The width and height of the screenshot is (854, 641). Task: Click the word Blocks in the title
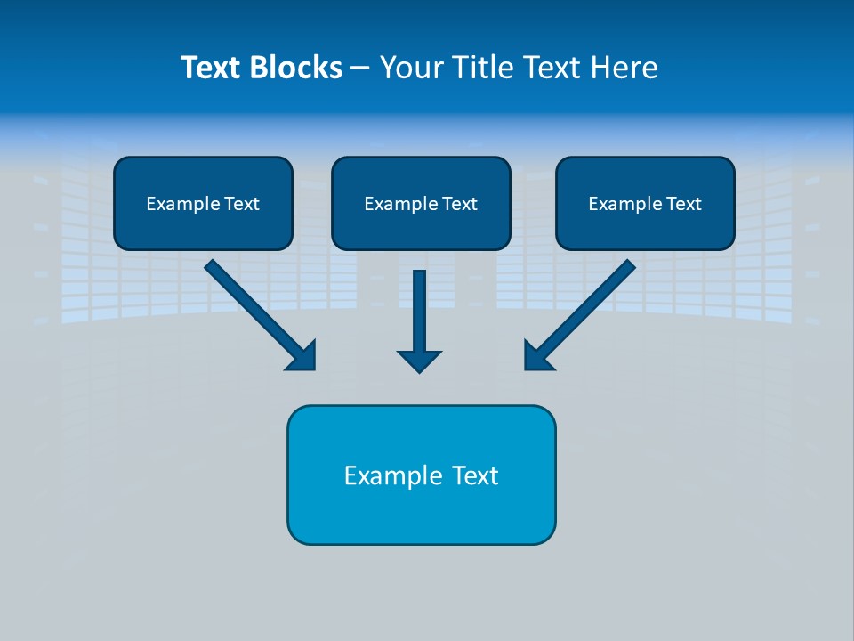[x=295, y=68]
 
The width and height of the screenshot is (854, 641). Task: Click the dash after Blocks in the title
[x=360, y=69]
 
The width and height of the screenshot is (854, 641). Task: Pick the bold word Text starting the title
[x=211, y=68]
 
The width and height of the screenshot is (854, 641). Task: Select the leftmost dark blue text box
[x=203, y=203]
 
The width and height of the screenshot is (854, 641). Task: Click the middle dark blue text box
[x=421, y=203]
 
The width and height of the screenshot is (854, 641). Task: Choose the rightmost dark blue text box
[x=645, y=203]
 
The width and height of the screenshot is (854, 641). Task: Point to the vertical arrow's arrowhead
[x=419, y=361]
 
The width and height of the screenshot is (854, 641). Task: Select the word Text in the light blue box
[x=475, y=475]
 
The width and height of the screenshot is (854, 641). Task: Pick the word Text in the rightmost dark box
[x=684, y=204]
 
